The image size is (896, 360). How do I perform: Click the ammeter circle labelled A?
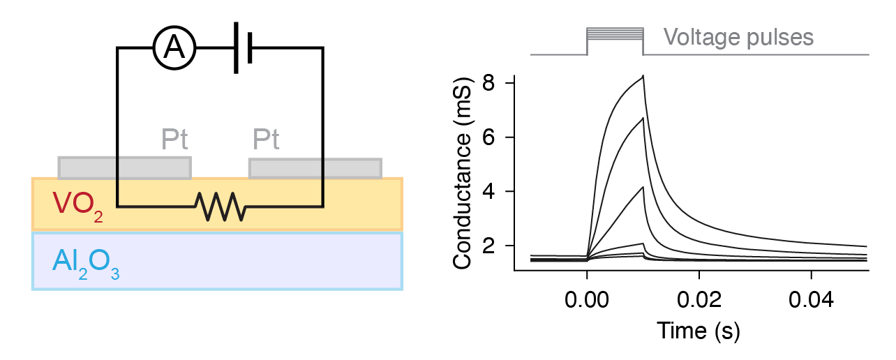[174, 47]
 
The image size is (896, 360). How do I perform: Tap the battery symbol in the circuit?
[243, 47]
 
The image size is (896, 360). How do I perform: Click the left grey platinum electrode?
[124, 167]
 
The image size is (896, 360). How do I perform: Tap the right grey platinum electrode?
[315, 168]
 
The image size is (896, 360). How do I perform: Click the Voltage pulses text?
[738, 37]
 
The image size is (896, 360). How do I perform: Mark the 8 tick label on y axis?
[490, 83]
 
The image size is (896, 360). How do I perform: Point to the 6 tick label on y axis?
[490, 137]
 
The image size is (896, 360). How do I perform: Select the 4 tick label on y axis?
[490, 192]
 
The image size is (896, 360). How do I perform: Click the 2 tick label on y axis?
[490, 246]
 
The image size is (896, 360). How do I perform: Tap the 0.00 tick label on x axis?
[587, 301]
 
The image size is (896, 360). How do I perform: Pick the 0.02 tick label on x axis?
[699, 301]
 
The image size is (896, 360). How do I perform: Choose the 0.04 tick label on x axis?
[810, 301]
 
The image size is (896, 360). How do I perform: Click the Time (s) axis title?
[698, 330]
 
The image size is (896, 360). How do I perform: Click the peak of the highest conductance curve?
[643, 75]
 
